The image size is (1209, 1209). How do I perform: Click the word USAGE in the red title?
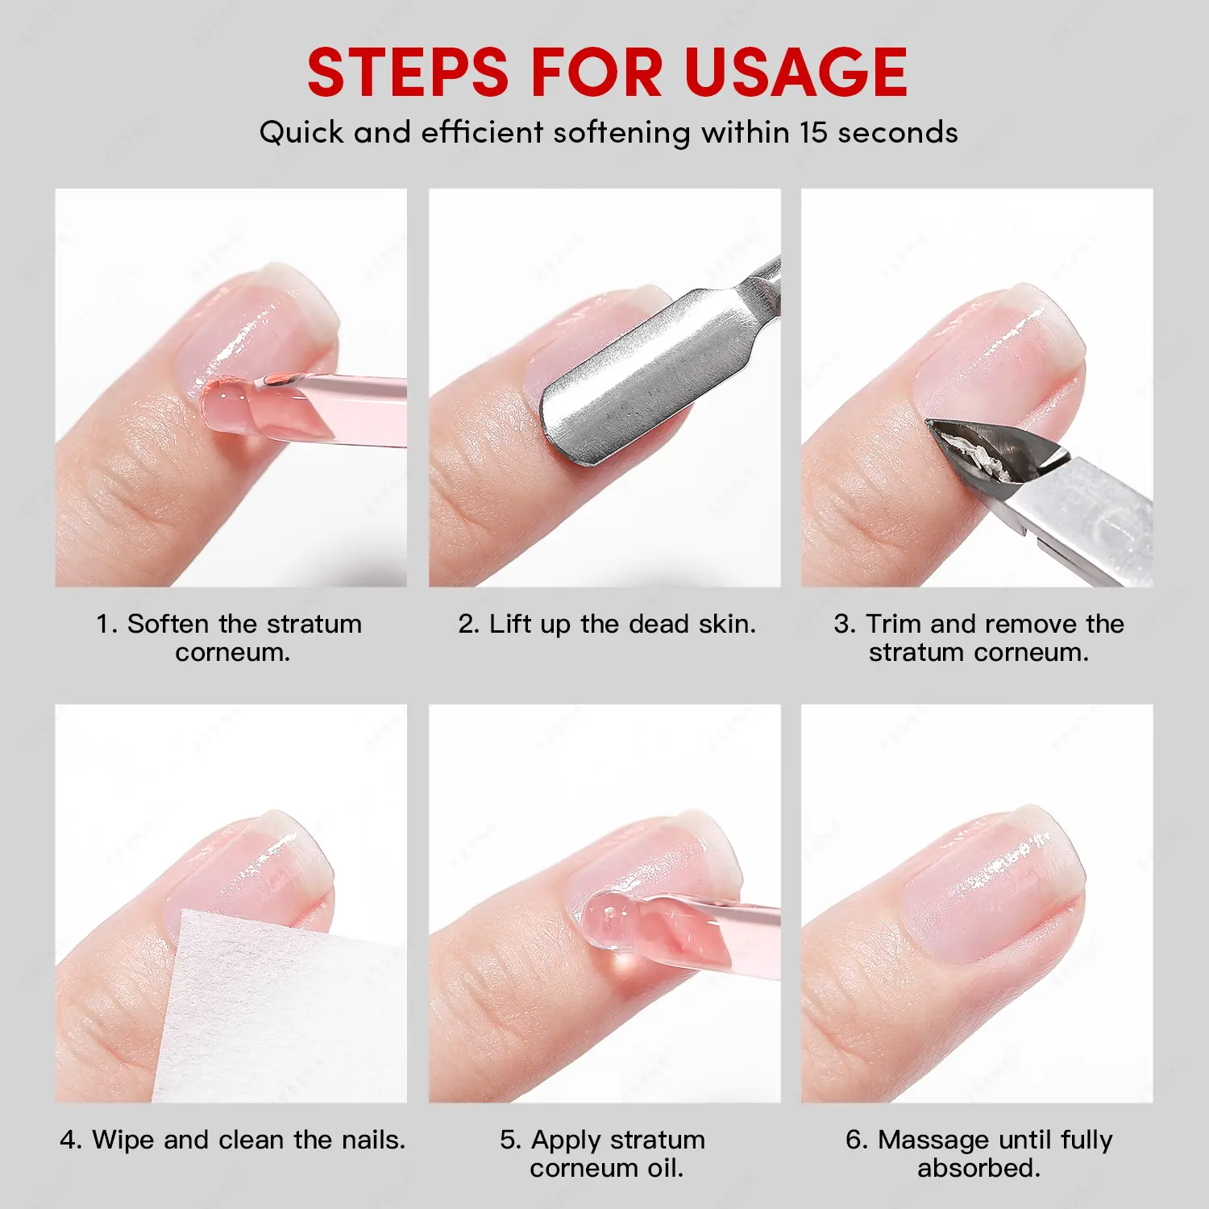[796, 73]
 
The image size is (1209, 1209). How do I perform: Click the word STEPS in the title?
[408, 73]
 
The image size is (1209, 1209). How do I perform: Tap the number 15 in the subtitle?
[815, 132]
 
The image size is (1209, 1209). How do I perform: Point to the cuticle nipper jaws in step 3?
[991, 451]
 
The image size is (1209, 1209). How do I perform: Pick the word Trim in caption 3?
[894, 624]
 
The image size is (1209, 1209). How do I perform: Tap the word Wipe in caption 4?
[123, 1140]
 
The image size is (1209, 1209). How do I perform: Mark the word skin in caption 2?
[729, 624]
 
